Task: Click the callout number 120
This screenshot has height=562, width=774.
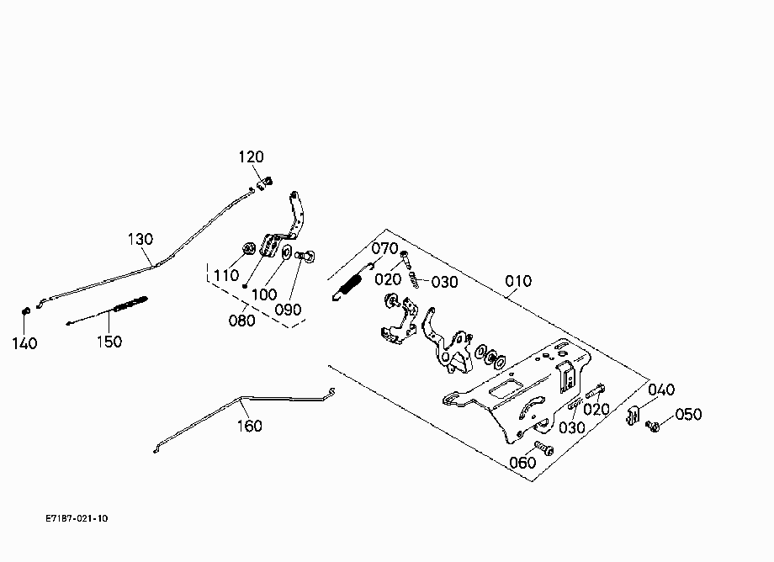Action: point(252,157)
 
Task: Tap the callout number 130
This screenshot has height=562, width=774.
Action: point(140,239)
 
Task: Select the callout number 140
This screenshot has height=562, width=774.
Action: point(24,343)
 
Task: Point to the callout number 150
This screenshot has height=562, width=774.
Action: point(109,342)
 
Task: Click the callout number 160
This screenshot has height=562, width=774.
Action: point(250,426)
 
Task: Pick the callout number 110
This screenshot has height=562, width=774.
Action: point(226,275)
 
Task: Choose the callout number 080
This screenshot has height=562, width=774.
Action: point(242,321)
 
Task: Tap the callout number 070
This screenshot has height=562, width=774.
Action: point(384,248)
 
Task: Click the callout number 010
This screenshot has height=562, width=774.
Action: point(518,281)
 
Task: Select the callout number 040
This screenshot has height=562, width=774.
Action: point(661,390)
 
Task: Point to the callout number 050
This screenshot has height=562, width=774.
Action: point(688,415)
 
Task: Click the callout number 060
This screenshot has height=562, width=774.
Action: point(522,463)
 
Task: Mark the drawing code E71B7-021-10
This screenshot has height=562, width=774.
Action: point(77,518)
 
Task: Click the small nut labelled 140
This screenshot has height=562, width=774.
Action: point(27,311)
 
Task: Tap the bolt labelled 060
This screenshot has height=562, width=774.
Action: point(543,448)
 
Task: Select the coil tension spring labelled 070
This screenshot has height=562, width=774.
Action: point(351,284)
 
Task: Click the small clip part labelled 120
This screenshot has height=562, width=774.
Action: point(264,183)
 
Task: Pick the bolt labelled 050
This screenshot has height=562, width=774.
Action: point(653,426)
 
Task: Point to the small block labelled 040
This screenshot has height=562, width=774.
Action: point(634,416)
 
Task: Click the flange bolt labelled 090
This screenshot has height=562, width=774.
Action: point(305,256)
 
